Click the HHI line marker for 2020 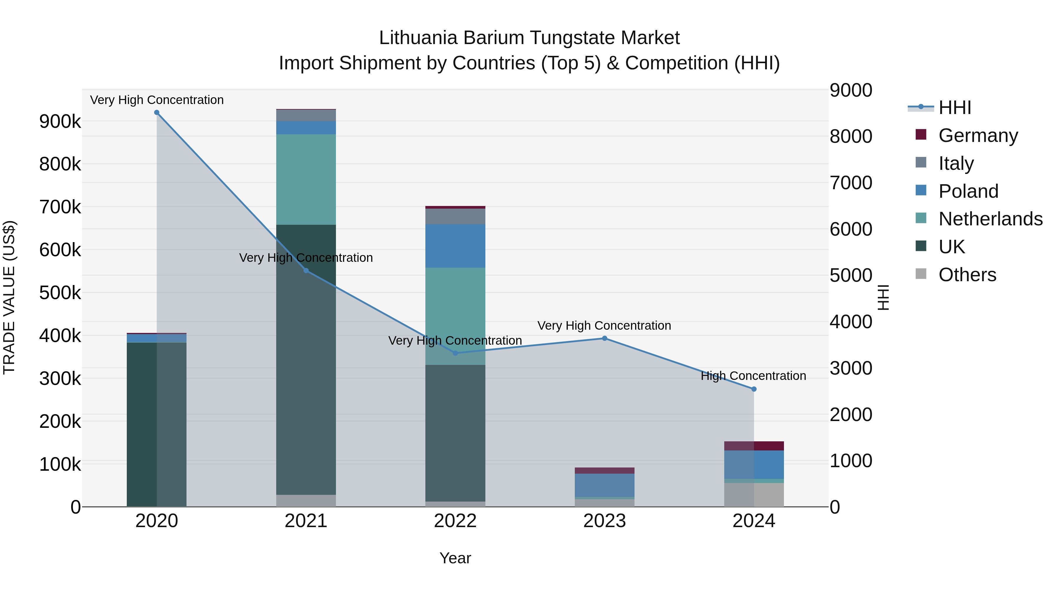(156, 113)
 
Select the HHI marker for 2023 (604, 338)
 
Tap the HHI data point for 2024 (754, 389)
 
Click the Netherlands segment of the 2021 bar (306, 180)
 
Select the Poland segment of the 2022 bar (455, 246)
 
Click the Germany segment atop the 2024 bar (754, 446)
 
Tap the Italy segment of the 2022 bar (455, 216)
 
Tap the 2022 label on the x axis (455, 521)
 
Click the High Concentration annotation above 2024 (753, 376)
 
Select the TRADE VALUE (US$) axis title (9, 297)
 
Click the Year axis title (455, 558)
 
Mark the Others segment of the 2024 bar (754, 495)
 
